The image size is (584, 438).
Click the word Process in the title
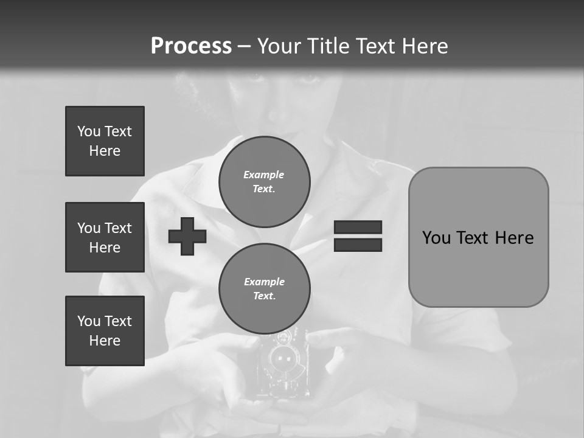click(191, 46)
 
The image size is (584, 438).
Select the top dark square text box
click(105, 141)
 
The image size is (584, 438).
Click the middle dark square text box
click(105, 237)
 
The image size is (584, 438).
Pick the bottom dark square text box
click(105, 331)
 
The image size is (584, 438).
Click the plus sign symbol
click(187, 236)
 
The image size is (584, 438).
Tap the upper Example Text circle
click(264, 182)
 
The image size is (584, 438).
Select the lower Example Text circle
click(264, 289)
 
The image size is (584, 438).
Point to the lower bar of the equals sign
click(358, 245)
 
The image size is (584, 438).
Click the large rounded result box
click(478, 237)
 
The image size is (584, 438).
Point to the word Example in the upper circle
click(264, 175)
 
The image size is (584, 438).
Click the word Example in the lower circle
click(264, 282)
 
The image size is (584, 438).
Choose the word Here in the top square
click(105, 151)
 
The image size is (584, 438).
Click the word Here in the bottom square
click(105, 341)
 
